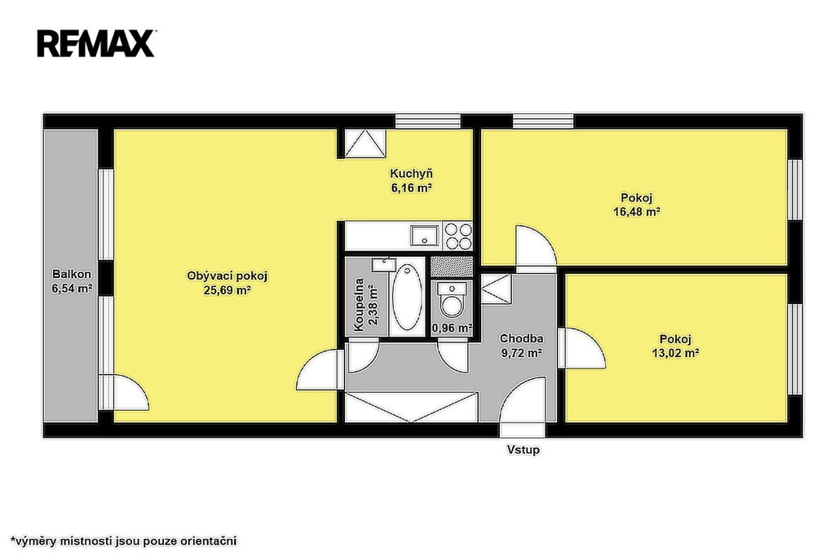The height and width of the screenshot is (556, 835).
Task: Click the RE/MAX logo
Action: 96,43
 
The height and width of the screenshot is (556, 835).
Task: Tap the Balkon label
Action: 72,274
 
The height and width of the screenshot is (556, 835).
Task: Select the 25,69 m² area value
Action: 228,290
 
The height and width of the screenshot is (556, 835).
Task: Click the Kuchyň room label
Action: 411,174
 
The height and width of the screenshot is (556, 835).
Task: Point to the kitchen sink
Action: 424,236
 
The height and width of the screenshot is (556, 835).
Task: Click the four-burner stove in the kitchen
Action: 458,236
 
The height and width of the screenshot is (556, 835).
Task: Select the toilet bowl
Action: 452,300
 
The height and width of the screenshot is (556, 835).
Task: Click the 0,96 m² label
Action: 452,328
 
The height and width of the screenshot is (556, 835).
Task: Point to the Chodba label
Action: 521,338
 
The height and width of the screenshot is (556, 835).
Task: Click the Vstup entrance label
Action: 523,449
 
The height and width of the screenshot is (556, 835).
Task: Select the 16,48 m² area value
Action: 637,211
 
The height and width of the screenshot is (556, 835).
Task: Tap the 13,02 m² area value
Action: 675,352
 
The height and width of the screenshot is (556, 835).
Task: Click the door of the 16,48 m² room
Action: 536,246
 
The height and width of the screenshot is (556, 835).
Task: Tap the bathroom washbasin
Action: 383,265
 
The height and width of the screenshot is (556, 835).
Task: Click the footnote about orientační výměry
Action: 124,541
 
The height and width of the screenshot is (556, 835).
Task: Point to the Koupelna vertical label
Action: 359,305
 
